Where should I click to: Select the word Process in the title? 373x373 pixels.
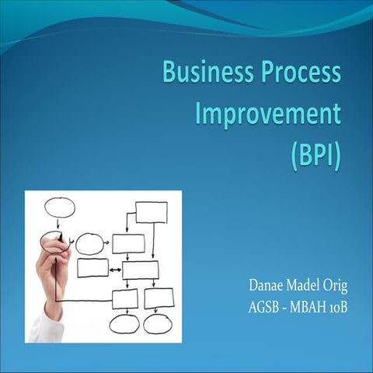coord(302,74)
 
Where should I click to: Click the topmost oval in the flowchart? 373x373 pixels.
coord(58,207)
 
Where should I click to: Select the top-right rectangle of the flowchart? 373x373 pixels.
coord(151,211)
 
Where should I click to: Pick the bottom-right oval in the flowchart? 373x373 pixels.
coord(158,323)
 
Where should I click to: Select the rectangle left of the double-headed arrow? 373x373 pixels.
coord(93,268)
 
